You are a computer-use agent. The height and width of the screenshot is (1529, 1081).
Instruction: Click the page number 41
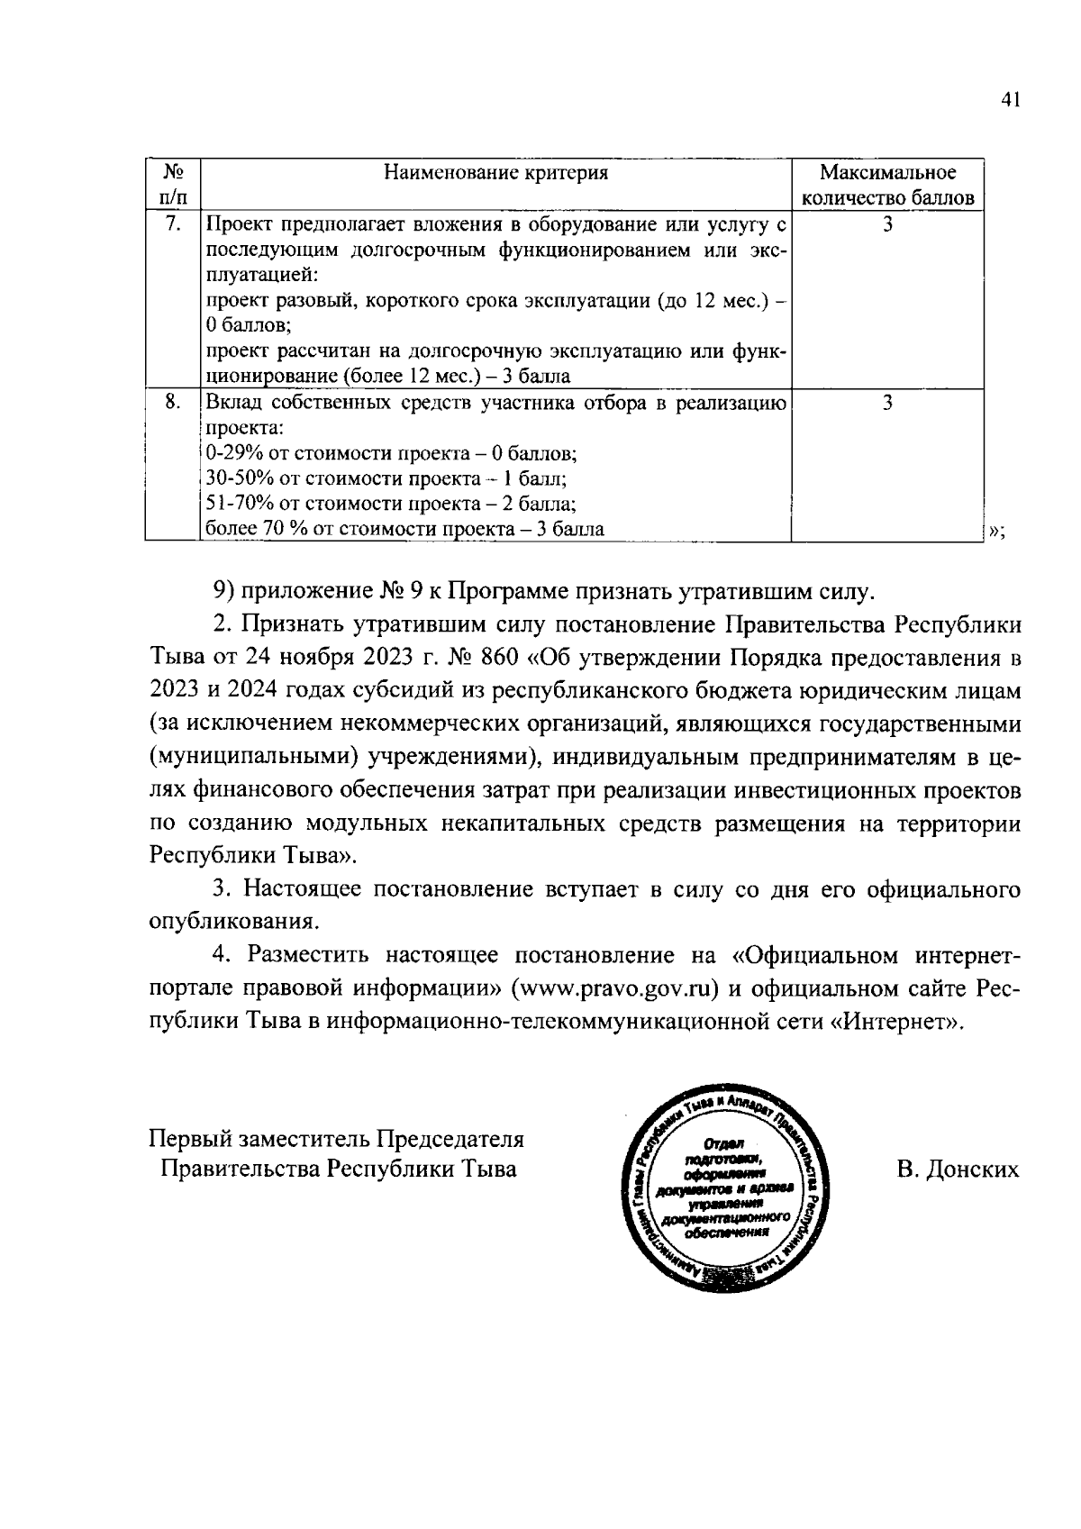click(x=1010, y=101)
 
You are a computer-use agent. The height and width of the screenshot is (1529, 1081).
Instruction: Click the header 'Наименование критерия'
click(x=495, y=173)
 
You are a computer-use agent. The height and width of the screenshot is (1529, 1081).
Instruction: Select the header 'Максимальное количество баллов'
click(x=887, y=185)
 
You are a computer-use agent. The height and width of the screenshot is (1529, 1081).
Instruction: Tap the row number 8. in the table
click(x=173, y=402)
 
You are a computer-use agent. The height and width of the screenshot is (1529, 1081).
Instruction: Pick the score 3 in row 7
click(x=887, y=223)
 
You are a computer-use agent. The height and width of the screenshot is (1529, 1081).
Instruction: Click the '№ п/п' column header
click(x=173, y=185)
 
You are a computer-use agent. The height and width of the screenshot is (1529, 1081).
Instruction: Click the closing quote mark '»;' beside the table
click(x=996, y=531)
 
